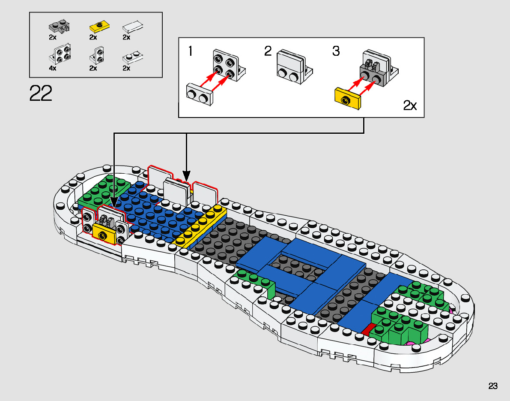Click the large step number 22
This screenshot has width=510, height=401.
(41, 93)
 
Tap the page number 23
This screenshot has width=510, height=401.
(493, 386)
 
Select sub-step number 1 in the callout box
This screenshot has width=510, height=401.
(190, 52)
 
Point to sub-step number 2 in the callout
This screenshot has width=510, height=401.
(268, 52)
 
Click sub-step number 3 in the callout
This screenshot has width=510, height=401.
(336, 51)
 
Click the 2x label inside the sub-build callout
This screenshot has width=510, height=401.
(410, 105)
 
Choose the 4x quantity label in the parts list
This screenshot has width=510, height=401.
(53, 68)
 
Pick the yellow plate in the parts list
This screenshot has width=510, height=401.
(98, 28)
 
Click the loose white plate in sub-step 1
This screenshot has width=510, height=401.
(200, 94)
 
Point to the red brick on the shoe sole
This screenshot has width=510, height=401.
(367, 329)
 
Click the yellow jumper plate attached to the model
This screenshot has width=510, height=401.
(104, 234)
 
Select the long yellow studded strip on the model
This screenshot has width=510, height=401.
(201, 227)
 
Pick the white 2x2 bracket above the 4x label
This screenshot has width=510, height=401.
(60, 53)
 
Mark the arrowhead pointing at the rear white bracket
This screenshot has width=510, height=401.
(187, 176)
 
